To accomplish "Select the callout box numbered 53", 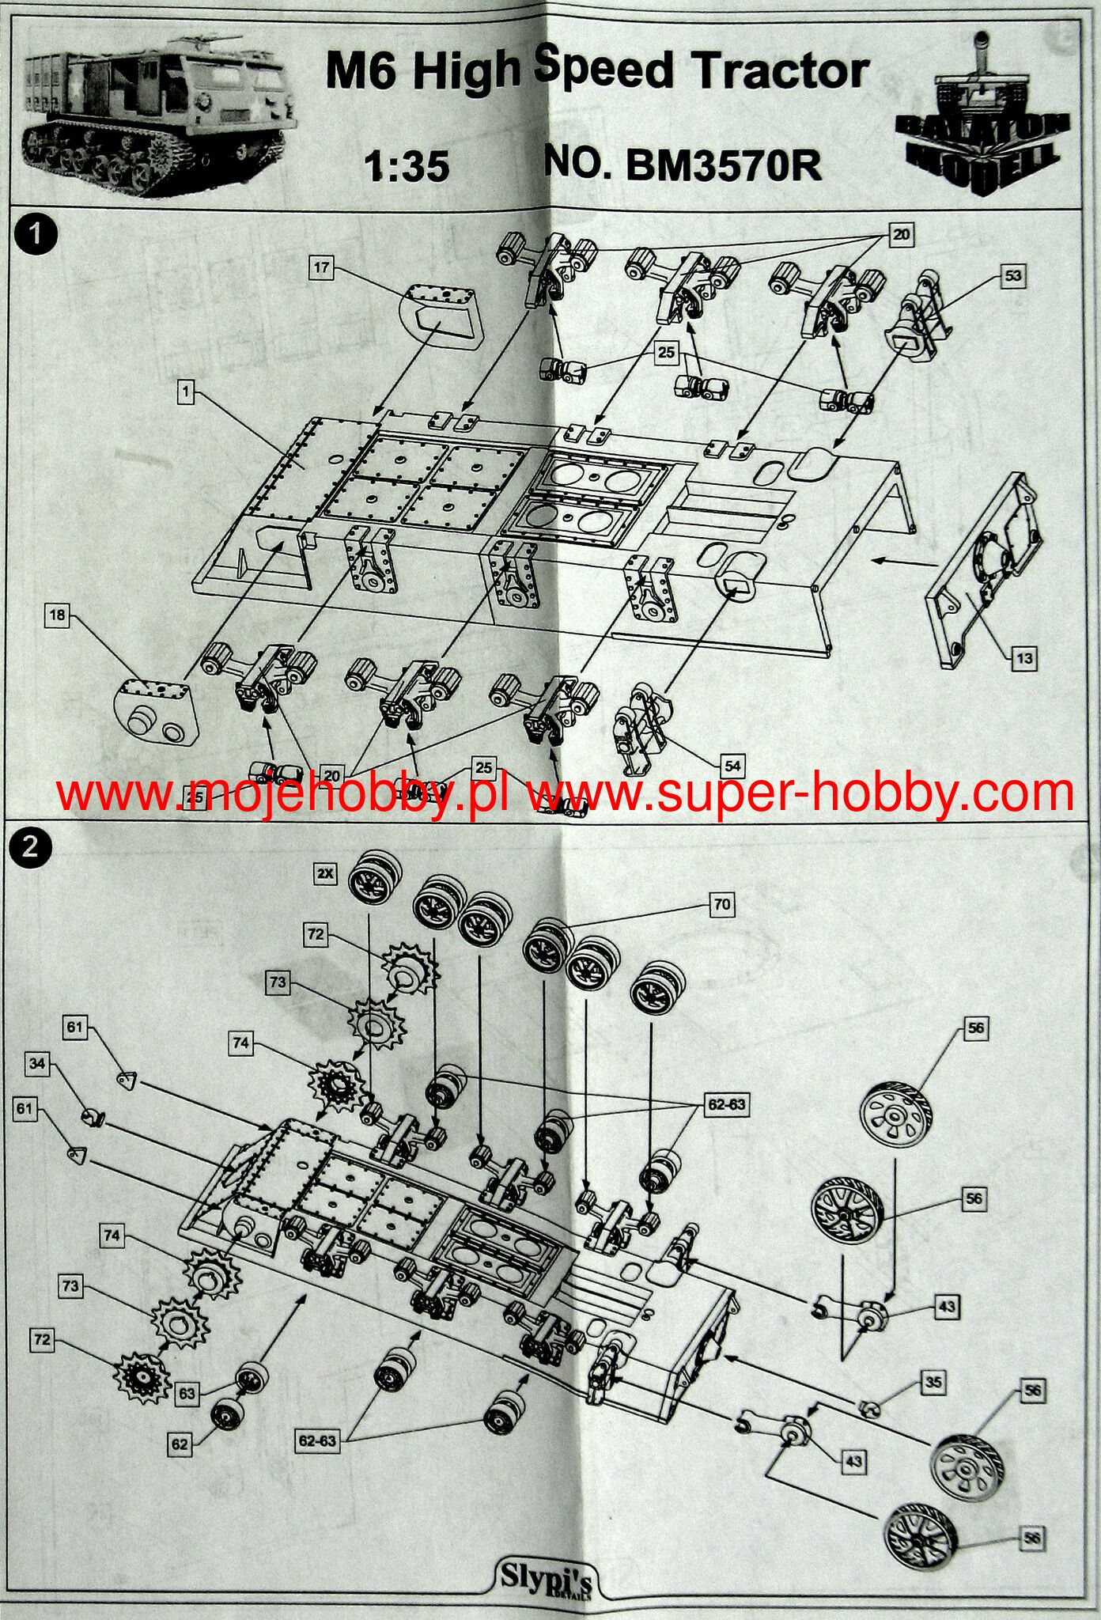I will coord(1014,276).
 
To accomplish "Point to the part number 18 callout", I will coord(57,614).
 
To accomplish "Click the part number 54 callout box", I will coord(733,765).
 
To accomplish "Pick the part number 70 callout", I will coord(721,904).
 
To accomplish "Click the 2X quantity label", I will coord(325,874).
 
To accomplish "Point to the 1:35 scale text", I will coord(407,166).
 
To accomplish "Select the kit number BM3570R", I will coord(723,165).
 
